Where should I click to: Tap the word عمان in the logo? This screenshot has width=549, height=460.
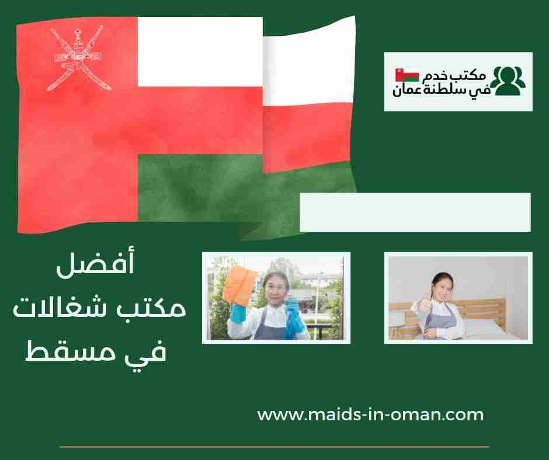409,90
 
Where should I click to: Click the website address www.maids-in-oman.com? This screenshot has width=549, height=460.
370,415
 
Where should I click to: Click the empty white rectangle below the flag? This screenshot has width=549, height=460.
415,212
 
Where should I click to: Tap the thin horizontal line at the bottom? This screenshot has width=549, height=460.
274,447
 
